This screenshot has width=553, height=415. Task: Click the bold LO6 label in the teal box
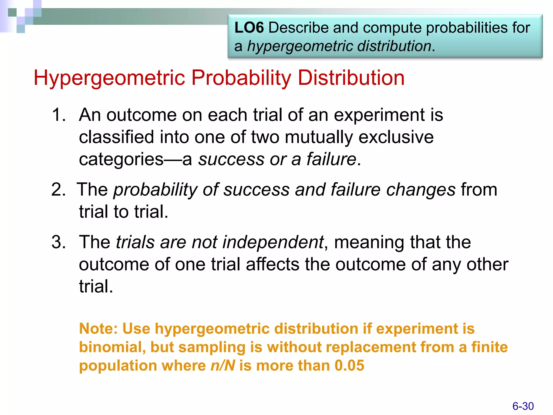click(249, 28)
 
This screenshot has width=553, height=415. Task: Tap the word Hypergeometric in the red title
click(109, 78)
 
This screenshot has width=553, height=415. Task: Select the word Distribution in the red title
click(351, 78)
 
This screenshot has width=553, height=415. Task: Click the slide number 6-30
click(523, 406)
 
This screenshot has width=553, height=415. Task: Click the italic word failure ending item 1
click(331, 159)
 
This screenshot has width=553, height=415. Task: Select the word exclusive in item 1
click(396, 137)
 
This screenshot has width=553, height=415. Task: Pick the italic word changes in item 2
click(421, 189)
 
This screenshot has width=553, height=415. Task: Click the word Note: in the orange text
click(99, 329)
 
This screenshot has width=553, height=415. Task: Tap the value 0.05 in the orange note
click(349, 366)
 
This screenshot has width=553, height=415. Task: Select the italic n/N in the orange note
click(223, 366)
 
